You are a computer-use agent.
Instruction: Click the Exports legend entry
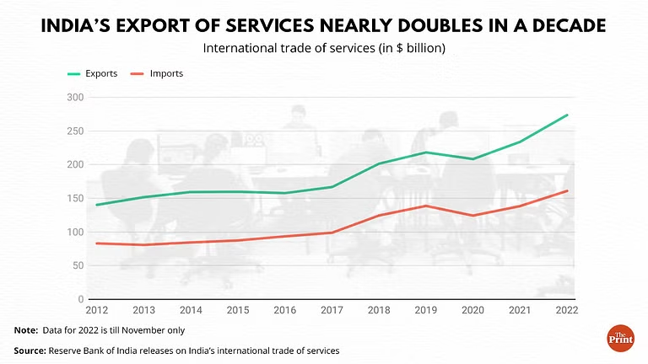[x=94, y=74]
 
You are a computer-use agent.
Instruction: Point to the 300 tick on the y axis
[x=76, y=98]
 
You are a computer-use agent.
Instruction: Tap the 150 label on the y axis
[x=76, y=199]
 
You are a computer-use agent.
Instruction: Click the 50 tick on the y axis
[x=78, y=266]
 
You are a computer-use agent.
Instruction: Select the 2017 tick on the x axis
[x=332, y=310]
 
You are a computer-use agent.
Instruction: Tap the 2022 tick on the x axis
[x=567, y=310]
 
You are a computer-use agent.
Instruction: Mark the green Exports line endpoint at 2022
[x=568, y=115]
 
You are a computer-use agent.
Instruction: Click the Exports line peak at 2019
[x=427, y=153]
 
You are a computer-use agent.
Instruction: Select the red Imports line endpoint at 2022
[x=568, y=190]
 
